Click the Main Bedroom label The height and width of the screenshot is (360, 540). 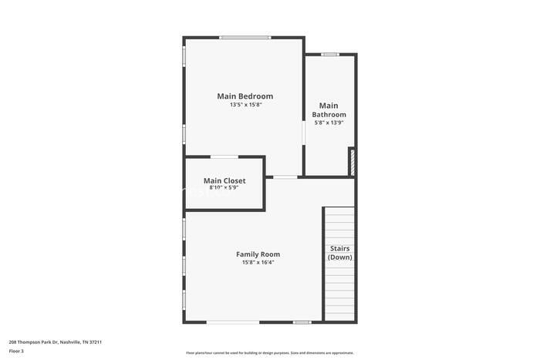pyautogui.click(x=245, y=96)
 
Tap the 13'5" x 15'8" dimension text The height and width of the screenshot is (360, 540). pyautogui.click(x=245, y=105)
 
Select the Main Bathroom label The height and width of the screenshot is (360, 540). pyautogui.click(x=329, y=109)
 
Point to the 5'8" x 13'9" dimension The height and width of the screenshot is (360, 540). pyautogui.click(x=329, y=122)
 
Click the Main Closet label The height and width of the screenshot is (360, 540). pyautogui.click(x=224, y=180)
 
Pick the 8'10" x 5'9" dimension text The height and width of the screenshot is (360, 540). pyautogui.click(x=224, y=187)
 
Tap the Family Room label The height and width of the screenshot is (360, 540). pyautogui.click(x=258, y=254)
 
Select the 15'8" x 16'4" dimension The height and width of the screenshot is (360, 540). pyautogui.click(x=258, y=262)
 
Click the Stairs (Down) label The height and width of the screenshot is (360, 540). pyautogui.click(x=339, y=253)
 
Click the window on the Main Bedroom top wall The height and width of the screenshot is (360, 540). pyautogui.click(x=245, y=37)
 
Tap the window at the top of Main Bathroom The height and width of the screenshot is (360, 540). pyautogui.click(x=330, y=54)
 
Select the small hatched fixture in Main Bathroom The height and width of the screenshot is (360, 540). pyautogui.click(x=352, y=162)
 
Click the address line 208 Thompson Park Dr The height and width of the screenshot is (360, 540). pyautogui.click(x=55, y=341)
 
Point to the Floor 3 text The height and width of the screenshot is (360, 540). pyautogui.click(x=16, y=351)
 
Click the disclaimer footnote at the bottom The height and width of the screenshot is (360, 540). pyautogui.click(x=269, y=352)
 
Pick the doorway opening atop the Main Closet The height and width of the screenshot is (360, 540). pyautogui.click(x=224, y=156)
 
